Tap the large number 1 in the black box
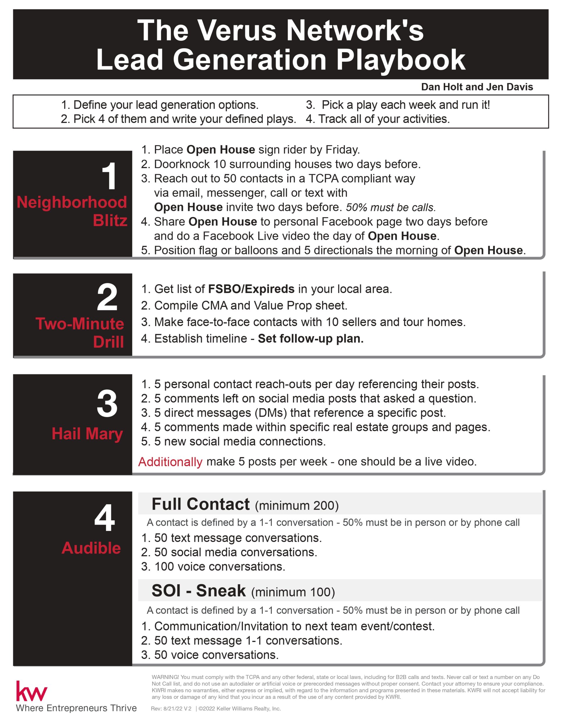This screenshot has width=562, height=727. (x=109, y=177)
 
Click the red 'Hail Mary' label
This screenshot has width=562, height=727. (x=87, y=434)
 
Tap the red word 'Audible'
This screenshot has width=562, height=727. (x=91, y=548)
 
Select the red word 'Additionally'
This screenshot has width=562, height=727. (x=170, y=462)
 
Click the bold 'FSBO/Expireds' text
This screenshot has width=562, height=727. (x=251, y=289)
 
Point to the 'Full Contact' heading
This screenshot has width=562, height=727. (x=200, y=504)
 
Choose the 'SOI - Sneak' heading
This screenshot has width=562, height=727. (x=198, y=591)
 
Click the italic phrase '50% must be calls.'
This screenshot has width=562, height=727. (x=391, y=207)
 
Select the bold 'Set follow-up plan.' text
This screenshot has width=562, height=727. (x=311, y=338)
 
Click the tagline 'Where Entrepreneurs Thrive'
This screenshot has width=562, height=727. (x=76, y=708)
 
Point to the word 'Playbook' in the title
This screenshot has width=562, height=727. (x=401, y=60)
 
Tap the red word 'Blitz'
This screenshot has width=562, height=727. (x=110, y=220)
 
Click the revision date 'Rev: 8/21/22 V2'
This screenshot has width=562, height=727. (x=171, y=709)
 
